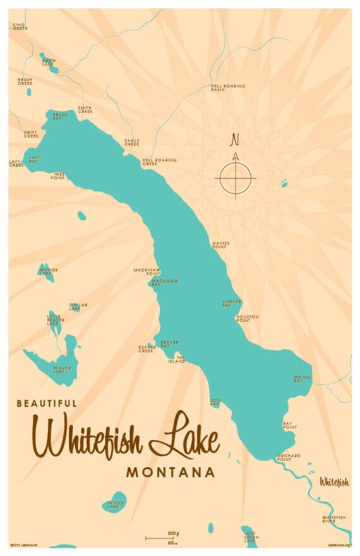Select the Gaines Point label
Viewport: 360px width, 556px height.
point(220,245)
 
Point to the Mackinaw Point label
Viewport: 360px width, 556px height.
point(143,272)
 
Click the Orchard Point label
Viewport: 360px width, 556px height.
point(289,457)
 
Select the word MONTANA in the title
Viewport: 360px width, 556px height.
point(171,472)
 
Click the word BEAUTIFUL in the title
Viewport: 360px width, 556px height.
point(47,403)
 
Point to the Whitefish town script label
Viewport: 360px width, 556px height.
point(333,483)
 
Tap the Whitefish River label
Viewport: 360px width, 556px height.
point(333,519)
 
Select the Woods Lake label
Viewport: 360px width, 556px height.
point(48,272)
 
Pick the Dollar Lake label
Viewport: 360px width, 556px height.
point(78,306)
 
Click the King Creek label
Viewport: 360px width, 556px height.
point(21,27)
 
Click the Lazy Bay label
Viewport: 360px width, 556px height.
point(33,160)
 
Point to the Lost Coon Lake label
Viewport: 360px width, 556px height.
point(251,538)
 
